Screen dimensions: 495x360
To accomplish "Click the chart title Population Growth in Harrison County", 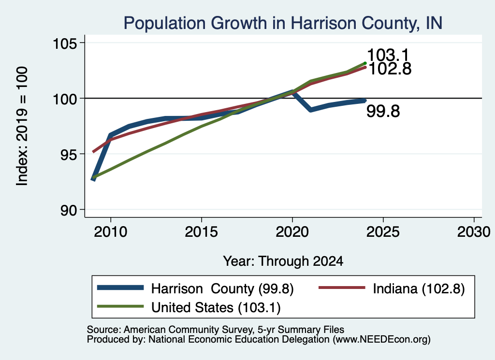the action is point(282,23).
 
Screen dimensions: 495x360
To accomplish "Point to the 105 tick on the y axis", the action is point(65,43).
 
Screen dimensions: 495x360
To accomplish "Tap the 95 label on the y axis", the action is point(69,154).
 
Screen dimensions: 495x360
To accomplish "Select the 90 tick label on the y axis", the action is point(69,210).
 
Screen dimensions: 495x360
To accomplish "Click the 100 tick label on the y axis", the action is point(65,99).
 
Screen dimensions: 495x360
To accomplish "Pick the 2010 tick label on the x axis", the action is point(111,232).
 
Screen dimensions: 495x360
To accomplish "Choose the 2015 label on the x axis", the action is point(202,232).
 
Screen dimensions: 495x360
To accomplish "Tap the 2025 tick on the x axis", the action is point(383,232).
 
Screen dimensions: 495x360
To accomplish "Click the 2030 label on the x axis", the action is point(474,232).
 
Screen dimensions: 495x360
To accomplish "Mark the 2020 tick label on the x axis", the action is point(292,232).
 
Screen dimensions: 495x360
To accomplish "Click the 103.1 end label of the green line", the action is point(388,55).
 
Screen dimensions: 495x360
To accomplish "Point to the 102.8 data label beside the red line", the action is point(390,69).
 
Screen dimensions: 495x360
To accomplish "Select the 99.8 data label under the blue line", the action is point(383,111).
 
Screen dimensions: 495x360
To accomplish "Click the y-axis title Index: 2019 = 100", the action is point(22,126).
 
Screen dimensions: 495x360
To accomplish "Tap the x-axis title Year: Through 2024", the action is point(283,261).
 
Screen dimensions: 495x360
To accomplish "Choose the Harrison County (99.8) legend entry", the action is point(195,288).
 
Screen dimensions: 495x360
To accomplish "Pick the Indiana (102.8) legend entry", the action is point(392,288).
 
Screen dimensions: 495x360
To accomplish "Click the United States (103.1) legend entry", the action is point(189,308).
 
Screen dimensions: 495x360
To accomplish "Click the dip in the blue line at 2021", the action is point(311,110).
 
